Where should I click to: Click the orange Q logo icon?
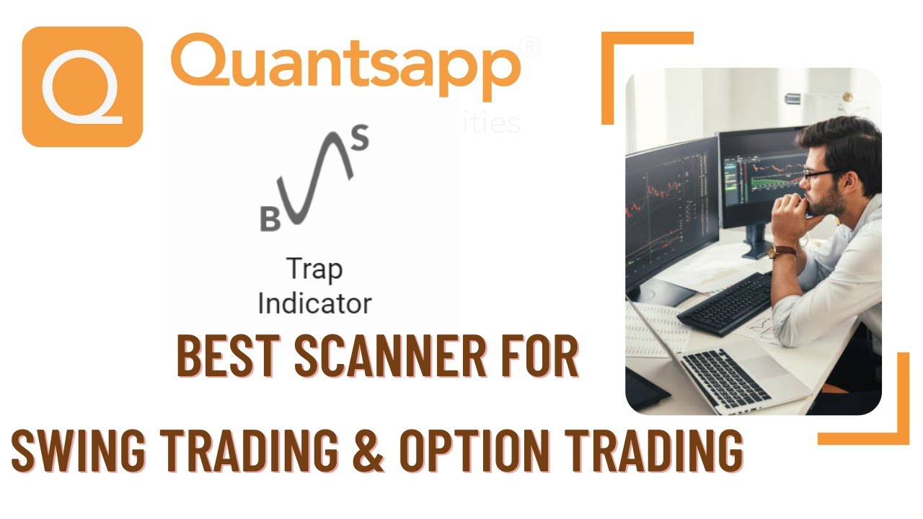82,86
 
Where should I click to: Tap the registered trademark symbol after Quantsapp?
530,48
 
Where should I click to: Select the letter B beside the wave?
270,220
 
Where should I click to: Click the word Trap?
314,270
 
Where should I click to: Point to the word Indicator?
314,303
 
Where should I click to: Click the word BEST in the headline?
229,356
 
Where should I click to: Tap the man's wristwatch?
781,252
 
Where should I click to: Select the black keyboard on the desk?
725,303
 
